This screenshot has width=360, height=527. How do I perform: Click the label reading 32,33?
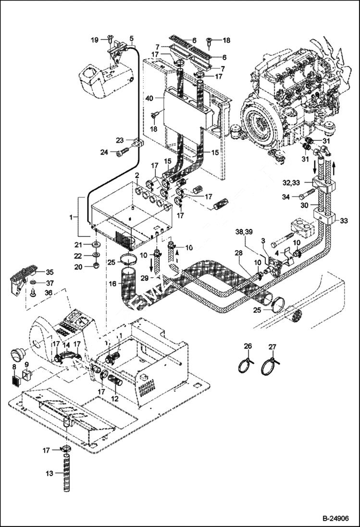coord(292,183)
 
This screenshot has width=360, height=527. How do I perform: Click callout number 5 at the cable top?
coord(132,38)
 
